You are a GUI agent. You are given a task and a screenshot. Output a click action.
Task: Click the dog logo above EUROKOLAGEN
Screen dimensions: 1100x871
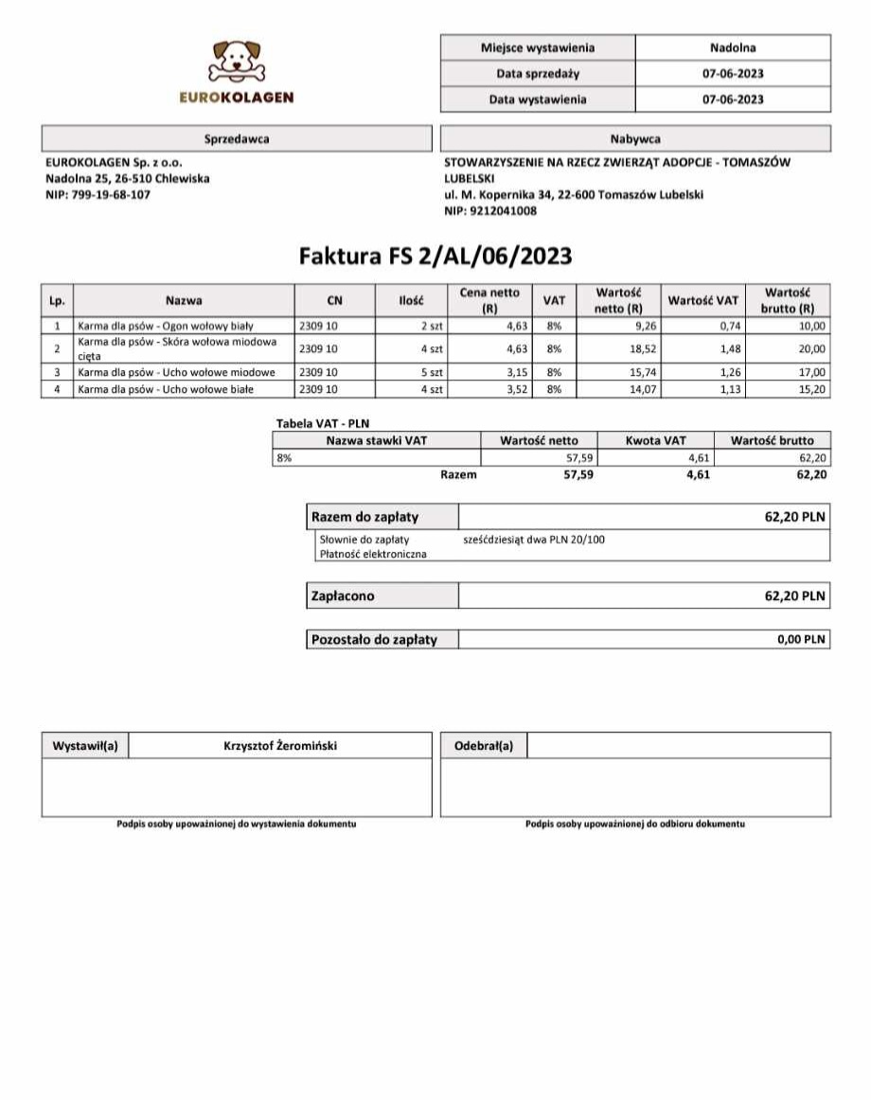(238, 62)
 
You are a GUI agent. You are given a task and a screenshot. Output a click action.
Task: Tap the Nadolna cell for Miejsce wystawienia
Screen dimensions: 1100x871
(732, 47)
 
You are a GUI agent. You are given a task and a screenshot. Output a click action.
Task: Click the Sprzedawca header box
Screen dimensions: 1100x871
(237, 139)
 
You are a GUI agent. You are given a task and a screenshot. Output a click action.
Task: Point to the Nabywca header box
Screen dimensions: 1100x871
(635, 139)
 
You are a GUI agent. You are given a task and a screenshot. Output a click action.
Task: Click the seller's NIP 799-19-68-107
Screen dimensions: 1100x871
(98, 195)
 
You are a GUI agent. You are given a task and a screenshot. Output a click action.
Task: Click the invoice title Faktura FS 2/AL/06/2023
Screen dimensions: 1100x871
(435, 257)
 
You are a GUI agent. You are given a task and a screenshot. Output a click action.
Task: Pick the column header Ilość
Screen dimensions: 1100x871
(412, 301)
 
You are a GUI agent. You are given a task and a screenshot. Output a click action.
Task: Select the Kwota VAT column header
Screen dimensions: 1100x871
(656, 440)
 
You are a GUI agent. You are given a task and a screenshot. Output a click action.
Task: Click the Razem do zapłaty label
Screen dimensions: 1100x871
(365, 518)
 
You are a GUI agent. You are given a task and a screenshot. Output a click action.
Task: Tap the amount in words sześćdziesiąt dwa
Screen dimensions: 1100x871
(534, 540)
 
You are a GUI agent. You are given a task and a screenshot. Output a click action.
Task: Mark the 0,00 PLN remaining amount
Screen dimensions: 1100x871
(801, 640)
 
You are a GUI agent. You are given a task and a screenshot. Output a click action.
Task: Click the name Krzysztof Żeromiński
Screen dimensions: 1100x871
(280, 746)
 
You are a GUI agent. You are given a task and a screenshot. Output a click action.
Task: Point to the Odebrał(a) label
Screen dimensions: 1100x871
(484, 746)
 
